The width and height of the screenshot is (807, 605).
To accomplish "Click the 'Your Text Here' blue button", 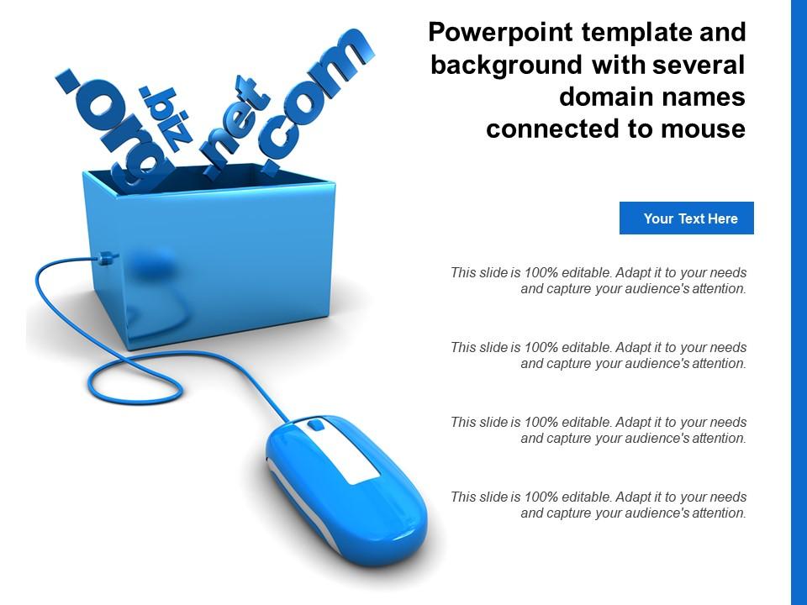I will click(686, 218).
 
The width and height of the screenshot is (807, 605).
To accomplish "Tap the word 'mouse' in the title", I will click(702, 129).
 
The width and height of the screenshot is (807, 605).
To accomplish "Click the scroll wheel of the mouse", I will click(315, 424).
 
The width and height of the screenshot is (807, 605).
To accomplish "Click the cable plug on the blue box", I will click(105, 259).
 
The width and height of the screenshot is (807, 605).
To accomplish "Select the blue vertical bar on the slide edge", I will click(799, 302).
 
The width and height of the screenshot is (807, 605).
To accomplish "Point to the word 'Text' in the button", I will click(692, 218).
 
